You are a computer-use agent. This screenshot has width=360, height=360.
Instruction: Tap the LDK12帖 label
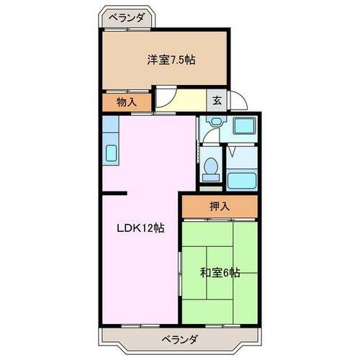(142, 228)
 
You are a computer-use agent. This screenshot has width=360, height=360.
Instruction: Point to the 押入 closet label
(219, 207)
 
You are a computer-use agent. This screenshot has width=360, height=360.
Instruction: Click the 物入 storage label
(126, 102)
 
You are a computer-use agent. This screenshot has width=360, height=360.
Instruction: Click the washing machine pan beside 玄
(244, 127)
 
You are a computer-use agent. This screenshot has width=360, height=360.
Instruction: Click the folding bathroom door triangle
(232, 153)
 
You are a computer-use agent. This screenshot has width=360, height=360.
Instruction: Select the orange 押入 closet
(219, 207)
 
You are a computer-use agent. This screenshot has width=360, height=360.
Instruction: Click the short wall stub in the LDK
(114, 193)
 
